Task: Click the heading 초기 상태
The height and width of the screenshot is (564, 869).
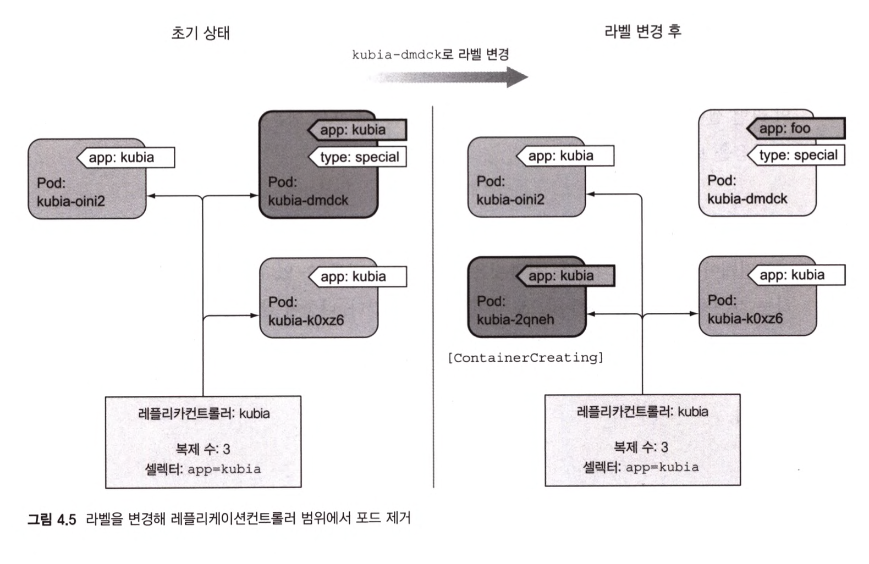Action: point(200,34)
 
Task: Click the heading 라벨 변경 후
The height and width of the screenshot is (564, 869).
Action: point(642,31)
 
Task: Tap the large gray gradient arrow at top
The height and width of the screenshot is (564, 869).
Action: point(448,77)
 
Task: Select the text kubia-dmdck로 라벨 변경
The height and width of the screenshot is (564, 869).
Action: point(430,55)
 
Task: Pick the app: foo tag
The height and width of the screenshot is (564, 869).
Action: point(795,129)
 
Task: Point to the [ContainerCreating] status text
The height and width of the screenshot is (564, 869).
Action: point(525,358)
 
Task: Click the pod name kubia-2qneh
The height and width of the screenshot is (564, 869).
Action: point(515,319)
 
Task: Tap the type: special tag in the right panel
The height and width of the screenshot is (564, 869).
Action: point(798,156)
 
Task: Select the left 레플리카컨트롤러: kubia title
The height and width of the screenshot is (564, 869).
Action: point(204,413)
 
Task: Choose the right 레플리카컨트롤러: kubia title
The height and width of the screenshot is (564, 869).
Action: point(642,412)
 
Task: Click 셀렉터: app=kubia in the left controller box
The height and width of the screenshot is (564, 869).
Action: point(202,469)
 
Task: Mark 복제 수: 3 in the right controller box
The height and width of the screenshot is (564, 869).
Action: point(641,447)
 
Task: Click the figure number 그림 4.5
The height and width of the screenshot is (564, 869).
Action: point(52,519)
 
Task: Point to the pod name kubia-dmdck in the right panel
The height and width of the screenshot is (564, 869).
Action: point(747,199)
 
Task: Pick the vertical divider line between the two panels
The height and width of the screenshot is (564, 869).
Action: point(433,297)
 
